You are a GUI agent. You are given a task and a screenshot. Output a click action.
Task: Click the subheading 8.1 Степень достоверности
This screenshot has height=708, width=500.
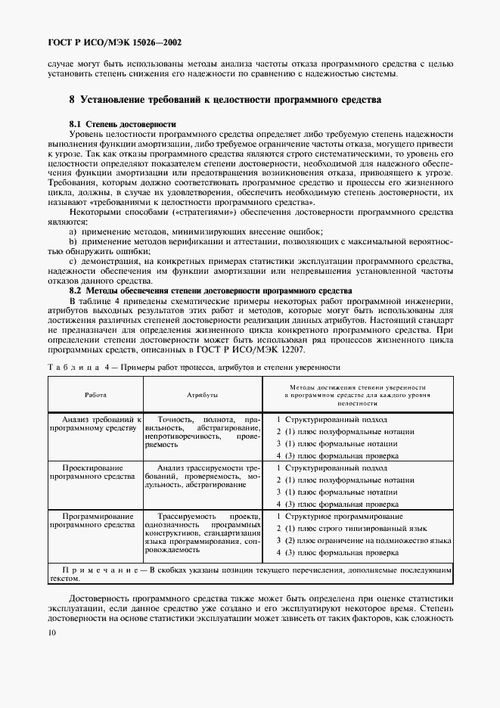[123, 123]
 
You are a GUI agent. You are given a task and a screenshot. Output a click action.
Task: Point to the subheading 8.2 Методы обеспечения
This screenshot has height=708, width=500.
[210, 290]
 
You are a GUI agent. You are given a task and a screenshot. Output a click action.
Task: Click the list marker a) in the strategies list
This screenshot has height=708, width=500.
[73, 231]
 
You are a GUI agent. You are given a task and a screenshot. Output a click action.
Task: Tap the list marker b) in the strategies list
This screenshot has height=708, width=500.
[73, 241]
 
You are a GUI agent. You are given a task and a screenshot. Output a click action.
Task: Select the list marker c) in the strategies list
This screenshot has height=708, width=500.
[73, 261]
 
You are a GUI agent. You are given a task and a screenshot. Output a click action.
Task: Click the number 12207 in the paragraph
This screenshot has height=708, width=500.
[320, 351]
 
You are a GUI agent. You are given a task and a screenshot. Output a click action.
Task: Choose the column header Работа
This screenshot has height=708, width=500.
[95, 395]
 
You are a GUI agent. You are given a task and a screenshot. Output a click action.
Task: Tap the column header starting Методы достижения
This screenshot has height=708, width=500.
[357, 395]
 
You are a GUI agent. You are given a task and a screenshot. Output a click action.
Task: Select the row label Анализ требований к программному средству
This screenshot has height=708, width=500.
[95, 423]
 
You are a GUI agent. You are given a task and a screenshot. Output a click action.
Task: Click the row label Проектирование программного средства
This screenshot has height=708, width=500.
[95, 472]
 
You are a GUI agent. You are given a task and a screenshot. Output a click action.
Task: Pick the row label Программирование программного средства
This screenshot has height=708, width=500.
[95, 520]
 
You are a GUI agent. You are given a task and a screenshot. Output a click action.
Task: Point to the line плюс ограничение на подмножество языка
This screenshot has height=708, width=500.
[363, 541]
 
